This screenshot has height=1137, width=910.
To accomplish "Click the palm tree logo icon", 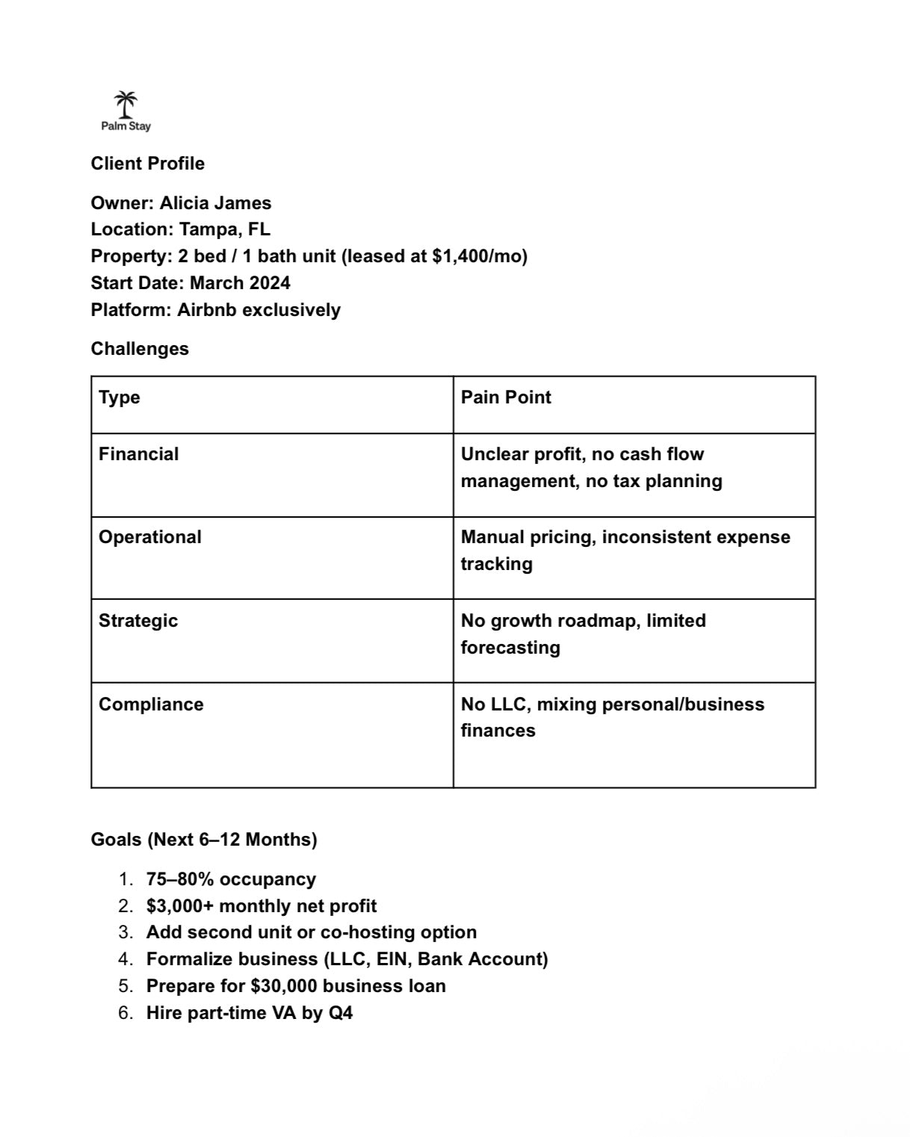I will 126,105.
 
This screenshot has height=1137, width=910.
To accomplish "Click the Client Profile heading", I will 147,164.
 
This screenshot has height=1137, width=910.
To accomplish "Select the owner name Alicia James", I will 215,203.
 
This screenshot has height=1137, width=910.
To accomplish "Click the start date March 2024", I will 240,283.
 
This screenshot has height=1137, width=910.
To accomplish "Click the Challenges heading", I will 140,349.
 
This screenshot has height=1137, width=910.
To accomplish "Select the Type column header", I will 120,397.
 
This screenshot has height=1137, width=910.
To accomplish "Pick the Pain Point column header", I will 506,397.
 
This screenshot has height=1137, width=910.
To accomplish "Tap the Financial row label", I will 139,454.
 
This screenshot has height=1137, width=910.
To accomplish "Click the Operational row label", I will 150,537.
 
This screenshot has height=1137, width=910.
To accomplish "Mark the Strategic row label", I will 138,621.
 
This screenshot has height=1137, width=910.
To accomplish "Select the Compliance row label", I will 151,704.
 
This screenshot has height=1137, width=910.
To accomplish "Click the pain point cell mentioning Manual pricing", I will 625,550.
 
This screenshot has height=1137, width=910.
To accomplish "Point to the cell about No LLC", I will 612,717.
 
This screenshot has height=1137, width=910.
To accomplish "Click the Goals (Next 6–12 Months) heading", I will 204,840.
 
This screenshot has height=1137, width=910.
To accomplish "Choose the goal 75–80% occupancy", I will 231,879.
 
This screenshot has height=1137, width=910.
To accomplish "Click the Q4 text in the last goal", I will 341,1013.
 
